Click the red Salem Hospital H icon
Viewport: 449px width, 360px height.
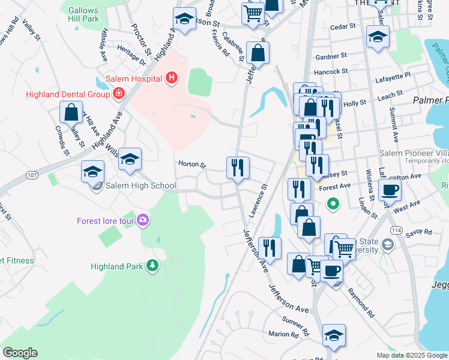click(172, 77)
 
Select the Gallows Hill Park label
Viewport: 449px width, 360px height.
click(83, 15)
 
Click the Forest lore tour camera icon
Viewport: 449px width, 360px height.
click(143, 220)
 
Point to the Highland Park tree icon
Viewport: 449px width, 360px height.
click(153, 265)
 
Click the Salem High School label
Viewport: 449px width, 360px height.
click(140, 186)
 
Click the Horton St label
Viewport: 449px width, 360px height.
click(192, 164)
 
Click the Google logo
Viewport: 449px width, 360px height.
click(20, 353)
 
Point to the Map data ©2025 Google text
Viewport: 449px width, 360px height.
click(411, 355)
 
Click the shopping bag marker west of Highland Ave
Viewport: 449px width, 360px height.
click(71, 113)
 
